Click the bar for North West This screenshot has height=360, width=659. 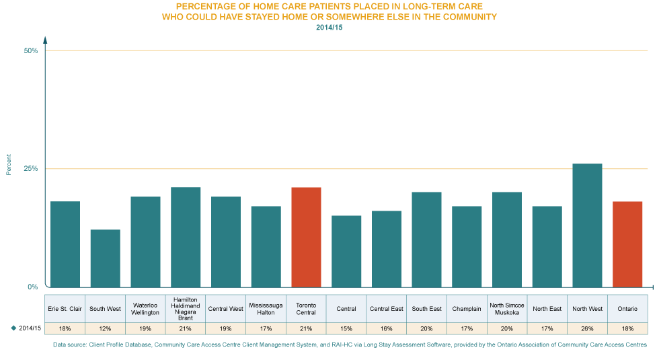point(587,225)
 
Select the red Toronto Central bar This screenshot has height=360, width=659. point(306,237)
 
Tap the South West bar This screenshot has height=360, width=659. point(105,258)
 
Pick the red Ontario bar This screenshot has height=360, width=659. point(627,244)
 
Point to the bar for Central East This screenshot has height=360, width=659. point(387,249)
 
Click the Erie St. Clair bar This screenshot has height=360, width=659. point(65,244)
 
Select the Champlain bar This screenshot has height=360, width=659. point(467,246)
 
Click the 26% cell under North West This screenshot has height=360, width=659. point(587,328)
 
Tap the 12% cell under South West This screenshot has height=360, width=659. point(105,328)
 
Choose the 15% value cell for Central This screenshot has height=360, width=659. point(346,328)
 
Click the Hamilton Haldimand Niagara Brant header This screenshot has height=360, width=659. point(186,308)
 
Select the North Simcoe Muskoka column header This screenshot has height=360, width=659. point(507,308)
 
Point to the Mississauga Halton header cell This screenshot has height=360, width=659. point(266,308)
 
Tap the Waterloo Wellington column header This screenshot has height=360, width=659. point(145,308)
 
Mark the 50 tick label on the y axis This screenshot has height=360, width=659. point(31,54)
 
